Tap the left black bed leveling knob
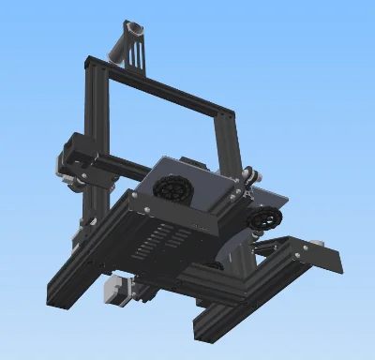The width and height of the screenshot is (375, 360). [171, 188]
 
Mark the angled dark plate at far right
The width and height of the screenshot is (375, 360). [324, 258]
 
